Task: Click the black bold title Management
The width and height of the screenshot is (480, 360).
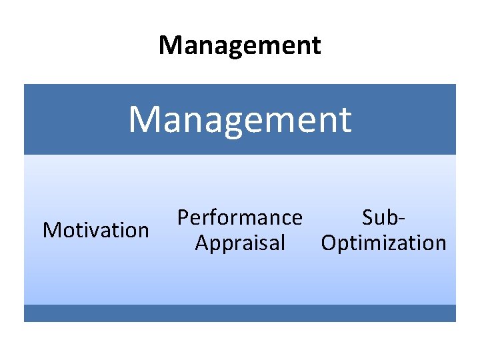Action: [x=240, y=45]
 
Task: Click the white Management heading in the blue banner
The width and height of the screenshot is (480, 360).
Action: [x=240, y=119]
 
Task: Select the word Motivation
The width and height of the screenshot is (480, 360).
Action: [x=95, y=230]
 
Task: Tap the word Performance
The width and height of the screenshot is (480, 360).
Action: [x=239, y=217]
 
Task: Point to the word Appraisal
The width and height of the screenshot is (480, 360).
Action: [x=240, y=243]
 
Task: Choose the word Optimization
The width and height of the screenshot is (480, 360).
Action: [x=383, y=243]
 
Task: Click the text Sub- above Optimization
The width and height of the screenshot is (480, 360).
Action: [x=384, y=217]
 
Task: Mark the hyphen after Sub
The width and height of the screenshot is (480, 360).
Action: [x=403, y=219]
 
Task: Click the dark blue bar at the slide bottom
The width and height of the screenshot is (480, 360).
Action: [x=240, y=313]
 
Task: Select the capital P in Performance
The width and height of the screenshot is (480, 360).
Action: [x=182, y=217]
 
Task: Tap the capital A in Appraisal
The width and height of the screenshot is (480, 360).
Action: [x=201, y=243]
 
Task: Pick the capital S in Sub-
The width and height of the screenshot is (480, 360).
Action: [x=367, y=217]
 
